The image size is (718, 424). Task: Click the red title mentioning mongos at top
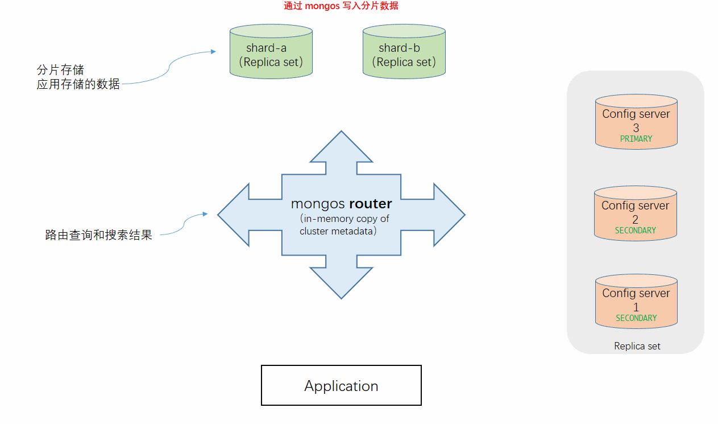[x=341, y=6]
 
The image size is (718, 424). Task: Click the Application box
[x=341, y=385]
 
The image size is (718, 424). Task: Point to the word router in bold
[x=370, y=204]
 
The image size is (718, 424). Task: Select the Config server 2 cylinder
[x=636, y=213]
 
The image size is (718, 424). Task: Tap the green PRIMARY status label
[x=636, y=139]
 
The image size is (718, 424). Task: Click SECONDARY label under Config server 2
[x=636, y=230]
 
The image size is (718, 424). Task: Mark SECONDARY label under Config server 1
[x=636, y=318]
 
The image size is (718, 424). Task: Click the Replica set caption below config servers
[x=637, y=346]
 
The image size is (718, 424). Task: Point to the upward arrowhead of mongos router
[x=341, y=147]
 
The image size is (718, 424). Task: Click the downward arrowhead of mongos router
[x=341, y=283]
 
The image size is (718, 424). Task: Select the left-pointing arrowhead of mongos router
[x=234, y=215]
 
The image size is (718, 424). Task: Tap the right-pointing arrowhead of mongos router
[x=449, y=215]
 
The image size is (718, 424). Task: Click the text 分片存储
[x=60, y=70]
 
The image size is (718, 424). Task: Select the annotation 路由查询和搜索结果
[x=98, y=235]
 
